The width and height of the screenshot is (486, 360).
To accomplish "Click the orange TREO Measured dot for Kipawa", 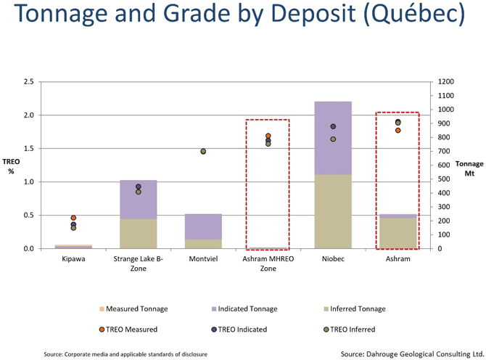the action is tap(73, 218).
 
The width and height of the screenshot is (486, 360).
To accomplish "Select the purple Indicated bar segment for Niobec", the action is tap(333, 138).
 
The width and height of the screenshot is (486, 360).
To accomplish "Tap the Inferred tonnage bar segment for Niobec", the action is tap(333, 211).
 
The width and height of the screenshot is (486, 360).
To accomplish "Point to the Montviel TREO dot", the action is tap(203, 151).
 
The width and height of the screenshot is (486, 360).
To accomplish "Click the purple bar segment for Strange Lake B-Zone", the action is tap(139, 200).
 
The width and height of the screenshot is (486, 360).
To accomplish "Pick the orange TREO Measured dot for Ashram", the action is tap(398, 130).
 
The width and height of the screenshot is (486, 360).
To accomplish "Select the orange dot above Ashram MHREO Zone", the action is tap(268, 136).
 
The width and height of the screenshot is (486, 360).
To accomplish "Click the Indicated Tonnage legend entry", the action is tap(244, 309).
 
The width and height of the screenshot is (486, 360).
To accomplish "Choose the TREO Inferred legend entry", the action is tap(350, 330).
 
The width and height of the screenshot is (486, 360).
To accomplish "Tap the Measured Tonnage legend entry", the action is tap(133, 309).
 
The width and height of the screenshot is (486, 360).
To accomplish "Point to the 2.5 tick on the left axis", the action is tap(28, 82).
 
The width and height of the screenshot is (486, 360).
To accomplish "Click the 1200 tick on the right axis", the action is tap(445, 82).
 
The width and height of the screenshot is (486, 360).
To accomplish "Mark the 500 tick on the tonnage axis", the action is tap(443, 179).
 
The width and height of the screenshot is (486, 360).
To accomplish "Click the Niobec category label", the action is tap(333, 259).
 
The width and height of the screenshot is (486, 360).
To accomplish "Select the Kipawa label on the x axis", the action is tap(73, 259).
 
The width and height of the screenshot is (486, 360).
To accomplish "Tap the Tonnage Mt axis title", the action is tap(469, 168).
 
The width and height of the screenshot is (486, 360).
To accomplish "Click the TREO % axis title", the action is tap(11, 166).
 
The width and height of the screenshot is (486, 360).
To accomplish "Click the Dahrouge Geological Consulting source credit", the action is tap(412, 354).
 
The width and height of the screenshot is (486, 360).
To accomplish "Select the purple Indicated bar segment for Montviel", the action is tap(203, 226).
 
